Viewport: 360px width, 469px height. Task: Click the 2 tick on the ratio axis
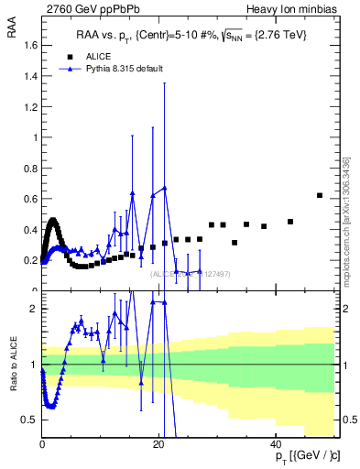point(34,309)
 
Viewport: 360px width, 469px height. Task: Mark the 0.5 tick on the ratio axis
point(29,420)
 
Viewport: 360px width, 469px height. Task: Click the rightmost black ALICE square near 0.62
point(319,195)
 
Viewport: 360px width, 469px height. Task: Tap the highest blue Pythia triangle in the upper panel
point(165,188)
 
